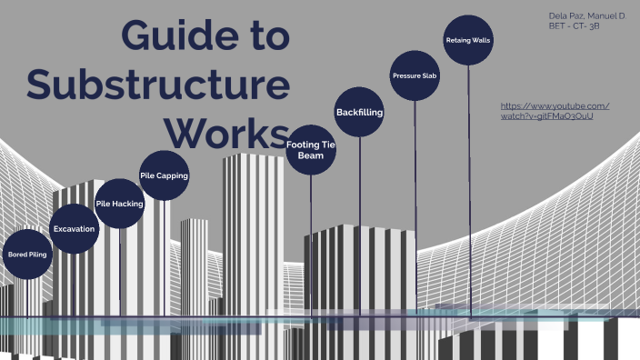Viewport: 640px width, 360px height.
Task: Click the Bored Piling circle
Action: coord(27,255)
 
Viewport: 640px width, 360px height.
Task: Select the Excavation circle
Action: coord(74,228)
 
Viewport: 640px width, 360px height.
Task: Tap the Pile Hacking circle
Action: coord(120,204)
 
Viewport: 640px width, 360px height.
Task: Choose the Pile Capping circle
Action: coord(165,175)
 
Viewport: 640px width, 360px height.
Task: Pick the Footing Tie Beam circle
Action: coord(311,150)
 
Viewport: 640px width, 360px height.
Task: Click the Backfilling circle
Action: coord(359,113)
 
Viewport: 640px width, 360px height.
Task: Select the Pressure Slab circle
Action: coord(415,75)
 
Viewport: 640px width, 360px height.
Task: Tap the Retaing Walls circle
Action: coord(469,41)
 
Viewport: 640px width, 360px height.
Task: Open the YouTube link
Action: coord(555,111)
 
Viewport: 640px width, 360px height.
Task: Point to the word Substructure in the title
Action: coord(158,85)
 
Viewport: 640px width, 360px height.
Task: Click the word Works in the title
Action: coord(232,133)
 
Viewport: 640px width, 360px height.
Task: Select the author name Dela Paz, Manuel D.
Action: coord(588,17)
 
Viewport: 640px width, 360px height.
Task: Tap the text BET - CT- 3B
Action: coord(575,29)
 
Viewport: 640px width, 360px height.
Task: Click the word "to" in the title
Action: coord(265,35)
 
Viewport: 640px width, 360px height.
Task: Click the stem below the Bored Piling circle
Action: coord(27,295)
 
